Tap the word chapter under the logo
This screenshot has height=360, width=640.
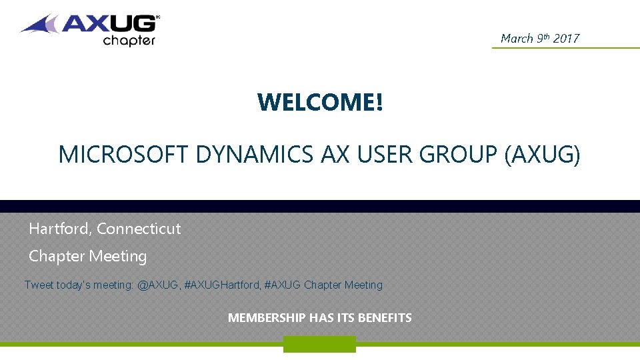(x=129, y=41)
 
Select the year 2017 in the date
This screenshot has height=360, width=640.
(x=566, y=39)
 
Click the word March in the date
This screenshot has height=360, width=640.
(x=517, y=39)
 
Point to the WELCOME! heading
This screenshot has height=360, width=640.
(x=320, y=102)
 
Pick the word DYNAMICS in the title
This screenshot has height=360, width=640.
(x=255, y=155)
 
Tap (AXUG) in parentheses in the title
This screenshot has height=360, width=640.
(x=543, y=155)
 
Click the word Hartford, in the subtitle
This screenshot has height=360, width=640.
(x=61, y=229)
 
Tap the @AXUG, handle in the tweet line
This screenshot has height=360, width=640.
(x=158, y=285)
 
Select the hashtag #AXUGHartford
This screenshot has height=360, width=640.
(x=222, y=285)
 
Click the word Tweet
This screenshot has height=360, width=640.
(x=39, y=285)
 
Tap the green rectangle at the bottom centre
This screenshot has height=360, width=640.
(x=319, y=344)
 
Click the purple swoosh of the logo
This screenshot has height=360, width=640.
(x=41, y=26)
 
